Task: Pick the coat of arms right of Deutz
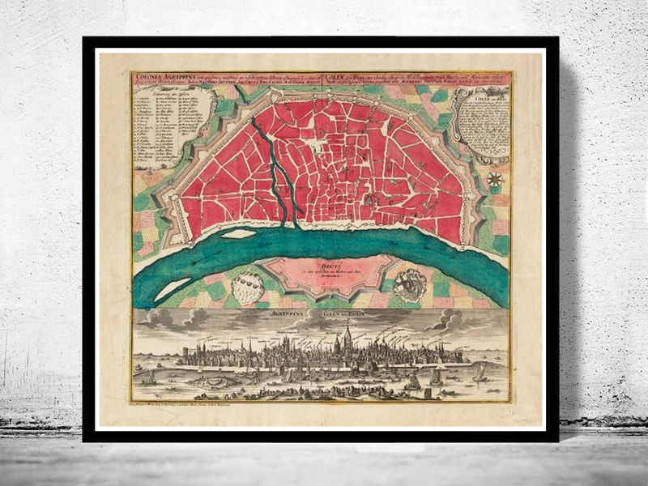(x=410, y=285)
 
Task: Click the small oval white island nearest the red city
(x=240, y=234)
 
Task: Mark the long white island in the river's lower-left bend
(x=172, y=288)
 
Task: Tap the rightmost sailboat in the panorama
(x=480, y=373)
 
